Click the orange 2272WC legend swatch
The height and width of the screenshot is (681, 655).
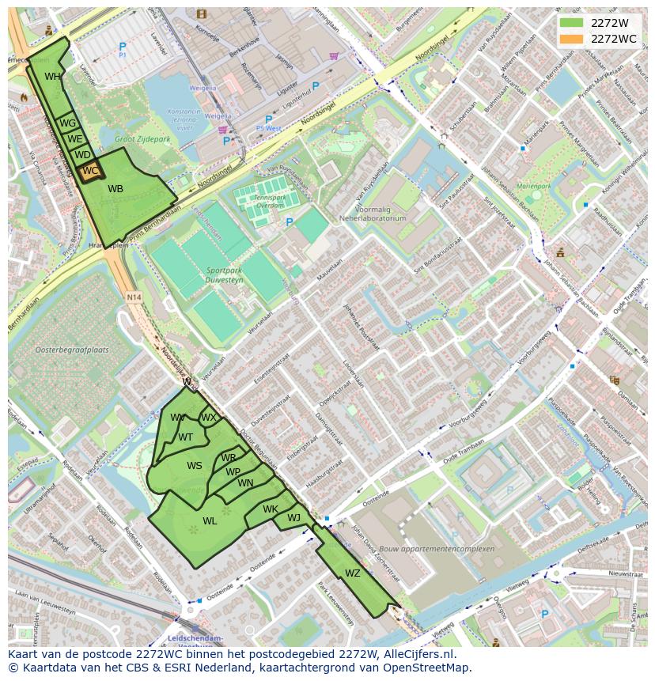pos(570,39)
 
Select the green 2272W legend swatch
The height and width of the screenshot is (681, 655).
pos(570,23)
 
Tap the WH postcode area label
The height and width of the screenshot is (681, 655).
pos(52,77)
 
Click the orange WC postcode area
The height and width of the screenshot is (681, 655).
pos(90,171)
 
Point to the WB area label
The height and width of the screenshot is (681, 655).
pos(115,189)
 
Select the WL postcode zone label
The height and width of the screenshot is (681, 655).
pos(210,521)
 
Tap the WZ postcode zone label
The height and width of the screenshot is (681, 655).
pos(353,573)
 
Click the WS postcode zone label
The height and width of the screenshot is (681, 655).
pos(195,466)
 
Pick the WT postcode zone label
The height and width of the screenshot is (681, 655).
pos(185,437)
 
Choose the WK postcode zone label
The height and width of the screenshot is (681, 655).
pos(271,509)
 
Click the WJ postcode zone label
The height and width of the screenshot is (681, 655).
pos(293,518)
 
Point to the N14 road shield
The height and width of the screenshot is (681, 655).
pos(132,297)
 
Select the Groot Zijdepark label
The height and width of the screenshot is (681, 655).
pos(143,139)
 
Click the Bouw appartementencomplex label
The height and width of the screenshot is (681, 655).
pos(447,549)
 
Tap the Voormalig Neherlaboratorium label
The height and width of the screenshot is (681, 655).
pos(373,214)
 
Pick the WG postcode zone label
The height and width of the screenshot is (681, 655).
pos(68,123)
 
